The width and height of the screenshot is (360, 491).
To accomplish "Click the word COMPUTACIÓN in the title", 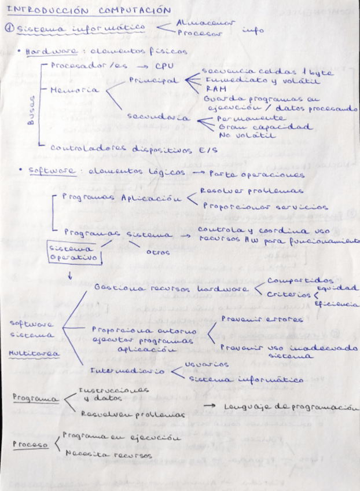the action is [x=134, y=10].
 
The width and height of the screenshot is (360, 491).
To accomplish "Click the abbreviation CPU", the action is [x=164, y=65].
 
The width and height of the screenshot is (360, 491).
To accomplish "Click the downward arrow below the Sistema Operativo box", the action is [x=70, y=276].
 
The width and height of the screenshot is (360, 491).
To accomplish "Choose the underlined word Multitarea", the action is [x=27, y=353].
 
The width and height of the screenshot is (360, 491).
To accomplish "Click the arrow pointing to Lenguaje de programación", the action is [x=211, y=408].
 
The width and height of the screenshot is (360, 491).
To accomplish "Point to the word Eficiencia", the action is [x=336, y=303].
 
